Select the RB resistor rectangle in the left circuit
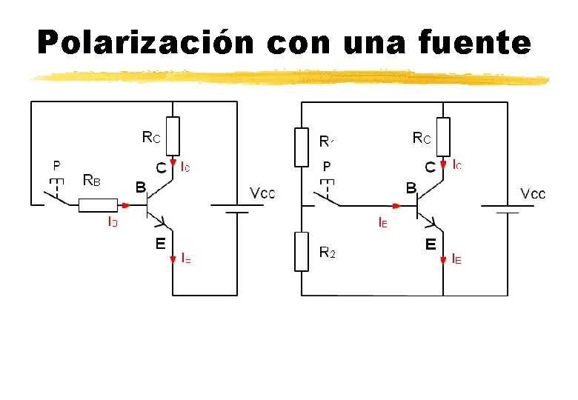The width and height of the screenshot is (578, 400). [x=98, y=205]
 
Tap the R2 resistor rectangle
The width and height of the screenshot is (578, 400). [x=302, y=251]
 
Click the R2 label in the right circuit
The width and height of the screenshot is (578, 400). [x=327, y=252]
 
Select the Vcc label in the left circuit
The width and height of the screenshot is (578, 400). [x=263, y=193]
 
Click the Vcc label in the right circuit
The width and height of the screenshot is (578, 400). [x=534, y=194]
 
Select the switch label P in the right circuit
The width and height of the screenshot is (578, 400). [x=327, y=166]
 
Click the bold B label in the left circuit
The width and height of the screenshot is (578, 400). [x=139, y=187]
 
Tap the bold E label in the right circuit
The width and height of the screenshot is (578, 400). [x=430, y=242]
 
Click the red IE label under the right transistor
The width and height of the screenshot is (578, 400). [x=456, y=259]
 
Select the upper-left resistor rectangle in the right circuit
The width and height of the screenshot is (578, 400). [x=302, y=147]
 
